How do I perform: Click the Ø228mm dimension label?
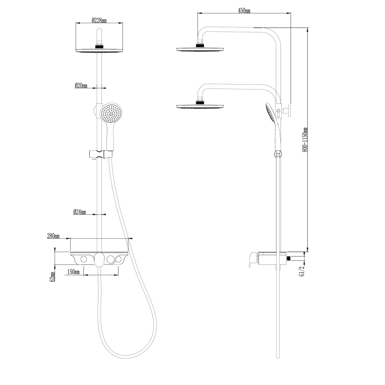99,20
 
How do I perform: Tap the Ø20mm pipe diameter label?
81,86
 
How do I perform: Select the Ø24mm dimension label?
79,212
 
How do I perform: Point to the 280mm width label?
53,236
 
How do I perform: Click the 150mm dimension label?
73,272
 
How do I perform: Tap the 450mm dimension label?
244,11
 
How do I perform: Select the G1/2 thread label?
301,271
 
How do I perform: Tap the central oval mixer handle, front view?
99,259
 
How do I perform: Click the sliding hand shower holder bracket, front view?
100,154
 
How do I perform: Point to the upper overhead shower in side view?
200,49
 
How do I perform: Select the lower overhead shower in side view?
200,106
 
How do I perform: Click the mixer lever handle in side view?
253,259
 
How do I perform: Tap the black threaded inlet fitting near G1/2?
289,258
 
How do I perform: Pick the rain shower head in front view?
100,50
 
